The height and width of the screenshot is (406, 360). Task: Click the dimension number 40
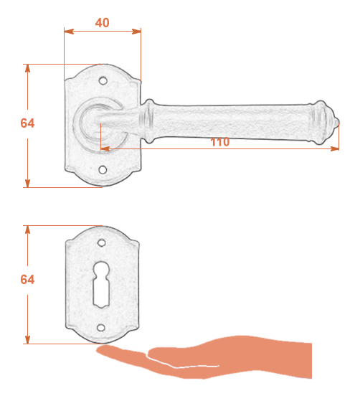click(103, 23)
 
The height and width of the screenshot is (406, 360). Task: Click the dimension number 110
click(220, 142)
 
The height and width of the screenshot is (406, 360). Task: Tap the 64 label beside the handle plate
click(27, 123)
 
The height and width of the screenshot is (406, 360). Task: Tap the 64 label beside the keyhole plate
click(27, 279)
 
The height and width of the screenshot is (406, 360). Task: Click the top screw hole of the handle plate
click(103, 81)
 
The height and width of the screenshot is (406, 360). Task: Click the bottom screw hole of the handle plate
click(103, 170)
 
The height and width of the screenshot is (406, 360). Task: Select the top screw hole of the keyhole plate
click(101, 243)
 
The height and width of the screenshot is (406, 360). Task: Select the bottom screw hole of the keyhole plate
click(101, 328)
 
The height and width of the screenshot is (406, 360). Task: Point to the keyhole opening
click(101, 285)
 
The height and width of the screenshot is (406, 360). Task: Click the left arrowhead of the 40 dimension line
click(69, 32)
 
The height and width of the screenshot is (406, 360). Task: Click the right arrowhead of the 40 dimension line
click(136, 32)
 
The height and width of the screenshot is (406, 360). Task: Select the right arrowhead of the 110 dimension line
click(334, 148)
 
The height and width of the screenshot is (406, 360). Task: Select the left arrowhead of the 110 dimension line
click(105, 148)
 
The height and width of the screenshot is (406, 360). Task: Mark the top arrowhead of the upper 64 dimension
click(27, 69)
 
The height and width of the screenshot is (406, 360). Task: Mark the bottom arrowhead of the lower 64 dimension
click(27, 339)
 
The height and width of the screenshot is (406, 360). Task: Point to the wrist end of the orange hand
click(307, 360)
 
